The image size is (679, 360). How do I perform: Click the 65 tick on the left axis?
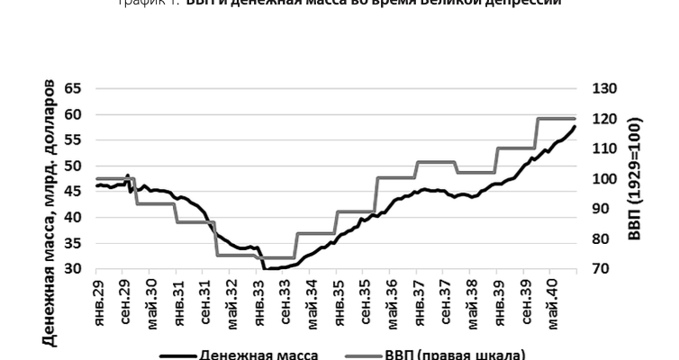click(x=72, y=88)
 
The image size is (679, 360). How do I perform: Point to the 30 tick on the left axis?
click(x=72, y=269)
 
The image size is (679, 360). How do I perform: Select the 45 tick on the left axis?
click(x=72, y=192)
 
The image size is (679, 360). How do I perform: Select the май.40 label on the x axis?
click(x=550, y=301)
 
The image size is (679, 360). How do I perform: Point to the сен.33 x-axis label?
click(x=285, y=301)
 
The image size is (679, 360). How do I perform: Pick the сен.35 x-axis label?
click(x=364, y=301)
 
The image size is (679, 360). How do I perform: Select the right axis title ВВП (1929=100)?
click(x=635, y=178)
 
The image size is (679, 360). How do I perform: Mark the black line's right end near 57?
click(x=575, y=127)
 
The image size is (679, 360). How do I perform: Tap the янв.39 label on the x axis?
click(x=497, y=301)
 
